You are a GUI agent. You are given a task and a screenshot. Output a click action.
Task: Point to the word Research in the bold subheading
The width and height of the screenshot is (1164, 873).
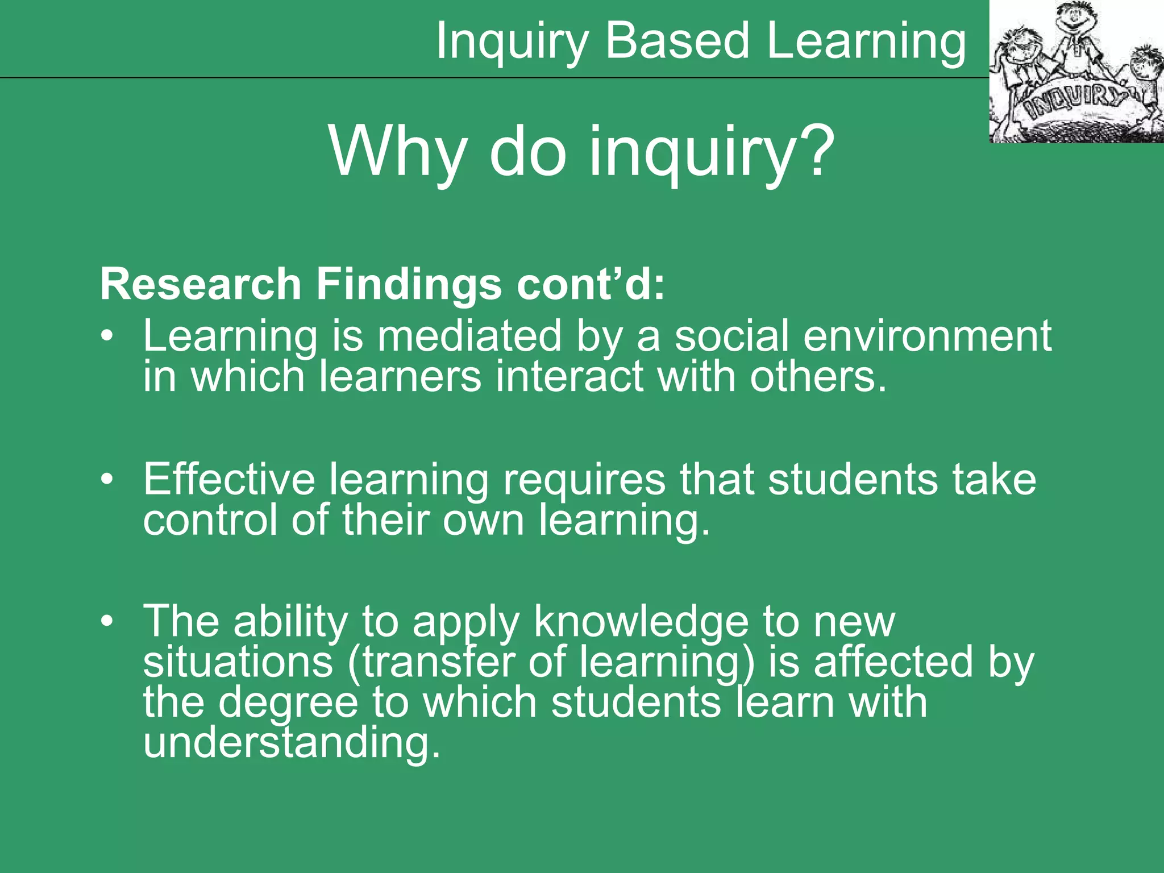200,284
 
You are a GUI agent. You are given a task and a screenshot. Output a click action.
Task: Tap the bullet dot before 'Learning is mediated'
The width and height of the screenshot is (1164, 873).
107,336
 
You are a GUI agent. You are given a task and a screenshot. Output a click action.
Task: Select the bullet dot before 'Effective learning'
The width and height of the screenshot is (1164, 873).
107,480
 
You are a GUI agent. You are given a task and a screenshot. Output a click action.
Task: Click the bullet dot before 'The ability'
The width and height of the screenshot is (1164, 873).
107,622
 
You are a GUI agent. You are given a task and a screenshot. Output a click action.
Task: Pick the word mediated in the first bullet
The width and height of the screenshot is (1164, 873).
469,336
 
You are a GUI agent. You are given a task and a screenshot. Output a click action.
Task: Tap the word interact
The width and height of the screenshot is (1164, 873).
569,376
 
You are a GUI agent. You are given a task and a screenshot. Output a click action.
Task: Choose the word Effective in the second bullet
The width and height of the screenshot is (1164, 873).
228,480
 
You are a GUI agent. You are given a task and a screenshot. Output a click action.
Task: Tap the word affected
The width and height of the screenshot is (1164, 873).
893,662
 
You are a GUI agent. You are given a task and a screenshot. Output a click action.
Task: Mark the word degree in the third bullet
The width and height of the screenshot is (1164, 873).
288,704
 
